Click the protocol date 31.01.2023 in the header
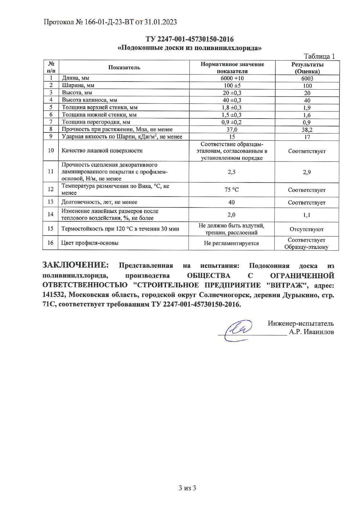point(160,22)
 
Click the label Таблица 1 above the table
point(319,56)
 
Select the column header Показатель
point(124,67)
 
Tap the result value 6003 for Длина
point(307,78)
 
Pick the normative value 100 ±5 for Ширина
point(232,86)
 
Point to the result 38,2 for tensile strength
point(307,130)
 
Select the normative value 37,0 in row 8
point(232,130)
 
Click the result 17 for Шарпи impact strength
point(307,137)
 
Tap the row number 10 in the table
point(51,151)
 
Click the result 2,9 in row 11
point(307,172)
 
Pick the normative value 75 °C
point(232,189)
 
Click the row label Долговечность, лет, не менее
point(99,202)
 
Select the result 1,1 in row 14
point(307,215)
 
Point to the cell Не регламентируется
point(231,243)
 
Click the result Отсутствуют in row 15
point(306,229)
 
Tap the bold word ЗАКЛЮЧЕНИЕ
point(75,265)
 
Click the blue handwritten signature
point(238,329)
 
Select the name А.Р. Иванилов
point(311,332)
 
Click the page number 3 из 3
point(187,488)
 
